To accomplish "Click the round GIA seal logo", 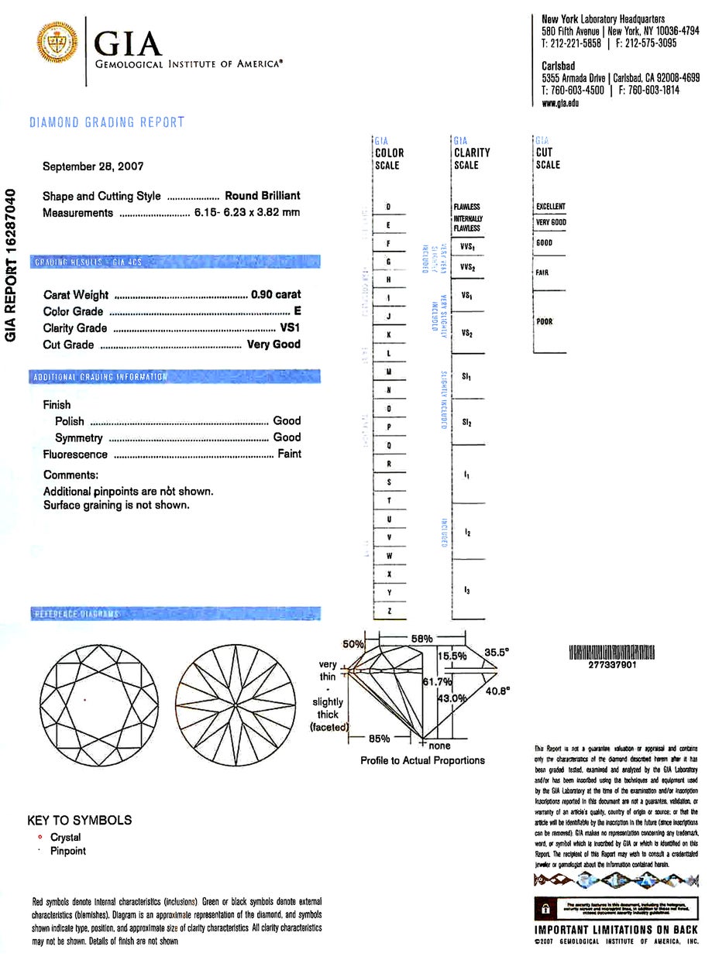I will pyautogui.click(x=57, y=43).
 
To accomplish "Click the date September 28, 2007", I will pyautogui.click(x=93, y=166).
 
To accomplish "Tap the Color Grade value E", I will pyautogui.click(x=298, y=311).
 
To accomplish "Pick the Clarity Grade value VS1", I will pyautogui.click(x=290, y=328).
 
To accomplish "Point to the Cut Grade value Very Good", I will pyautogui.click(x=273, y=345).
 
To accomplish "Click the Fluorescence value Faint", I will pyautogui.click(x=289, y=454).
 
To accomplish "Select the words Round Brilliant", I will pyautogui.click(x=262, y=196).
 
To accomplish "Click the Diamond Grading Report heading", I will pyautogui.click(x=107, y=122).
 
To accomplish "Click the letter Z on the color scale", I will pyautogui.click(x=389, y=612).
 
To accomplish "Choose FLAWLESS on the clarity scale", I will pyautogui.click(x=467, y=207).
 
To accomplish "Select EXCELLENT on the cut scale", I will pyautogui.click(x=551, y=207).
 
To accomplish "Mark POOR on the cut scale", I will pyautogui.click(x=545, y=321).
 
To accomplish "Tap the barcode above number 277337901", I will pyautogui.click(x=611, y=653).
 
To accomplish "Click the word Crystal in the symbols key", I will pyautogui.click(x=66, y=837).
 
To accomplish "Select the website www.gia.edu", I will pyautogui.click(x=560, y=103).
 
